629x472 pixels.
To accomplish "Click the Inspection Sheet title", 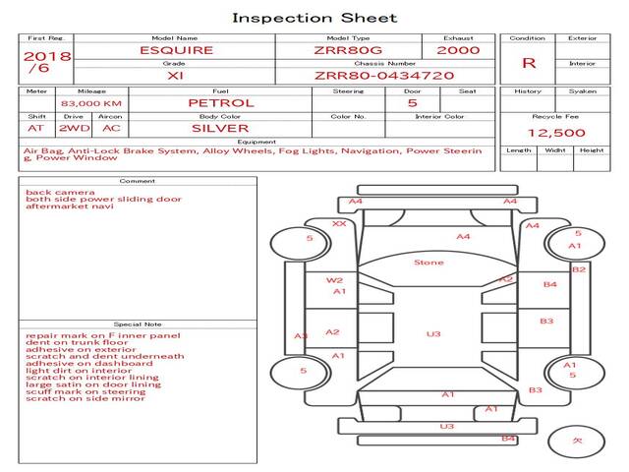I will point(314,18).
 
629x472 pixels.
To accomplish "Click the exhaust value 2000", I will point(458,50).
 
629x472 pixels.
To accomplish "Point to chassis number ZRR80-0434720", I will point(384,75).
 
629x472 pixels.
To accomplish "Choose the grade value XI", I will point(175,75).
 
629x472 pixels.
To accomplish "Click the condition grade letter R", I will point(529,63).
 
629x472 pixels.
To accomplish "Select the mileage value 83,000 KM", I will point(91,103).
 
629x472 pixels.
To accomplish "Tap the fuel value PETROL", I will point(220,102).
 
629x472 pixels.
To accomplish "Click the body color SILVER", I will point(220,128).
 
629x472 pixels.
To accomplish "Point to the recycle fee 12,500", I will point(556,133).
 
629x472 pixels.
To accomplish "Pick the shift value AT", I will point(36,128).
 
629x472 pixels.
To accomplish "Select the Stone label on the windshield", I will point(429,263).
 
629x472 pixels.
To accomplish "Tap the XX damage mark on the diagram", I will point(339,224).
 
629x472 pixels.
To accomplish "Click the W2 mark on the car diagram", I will point(334,280).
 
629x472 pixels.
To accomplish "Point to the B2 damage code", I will point(579,269).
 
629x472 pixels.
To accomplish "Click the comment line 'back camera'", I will point(60,193).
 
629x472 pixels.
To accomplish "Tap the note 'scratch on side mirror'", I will point(86,398).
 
